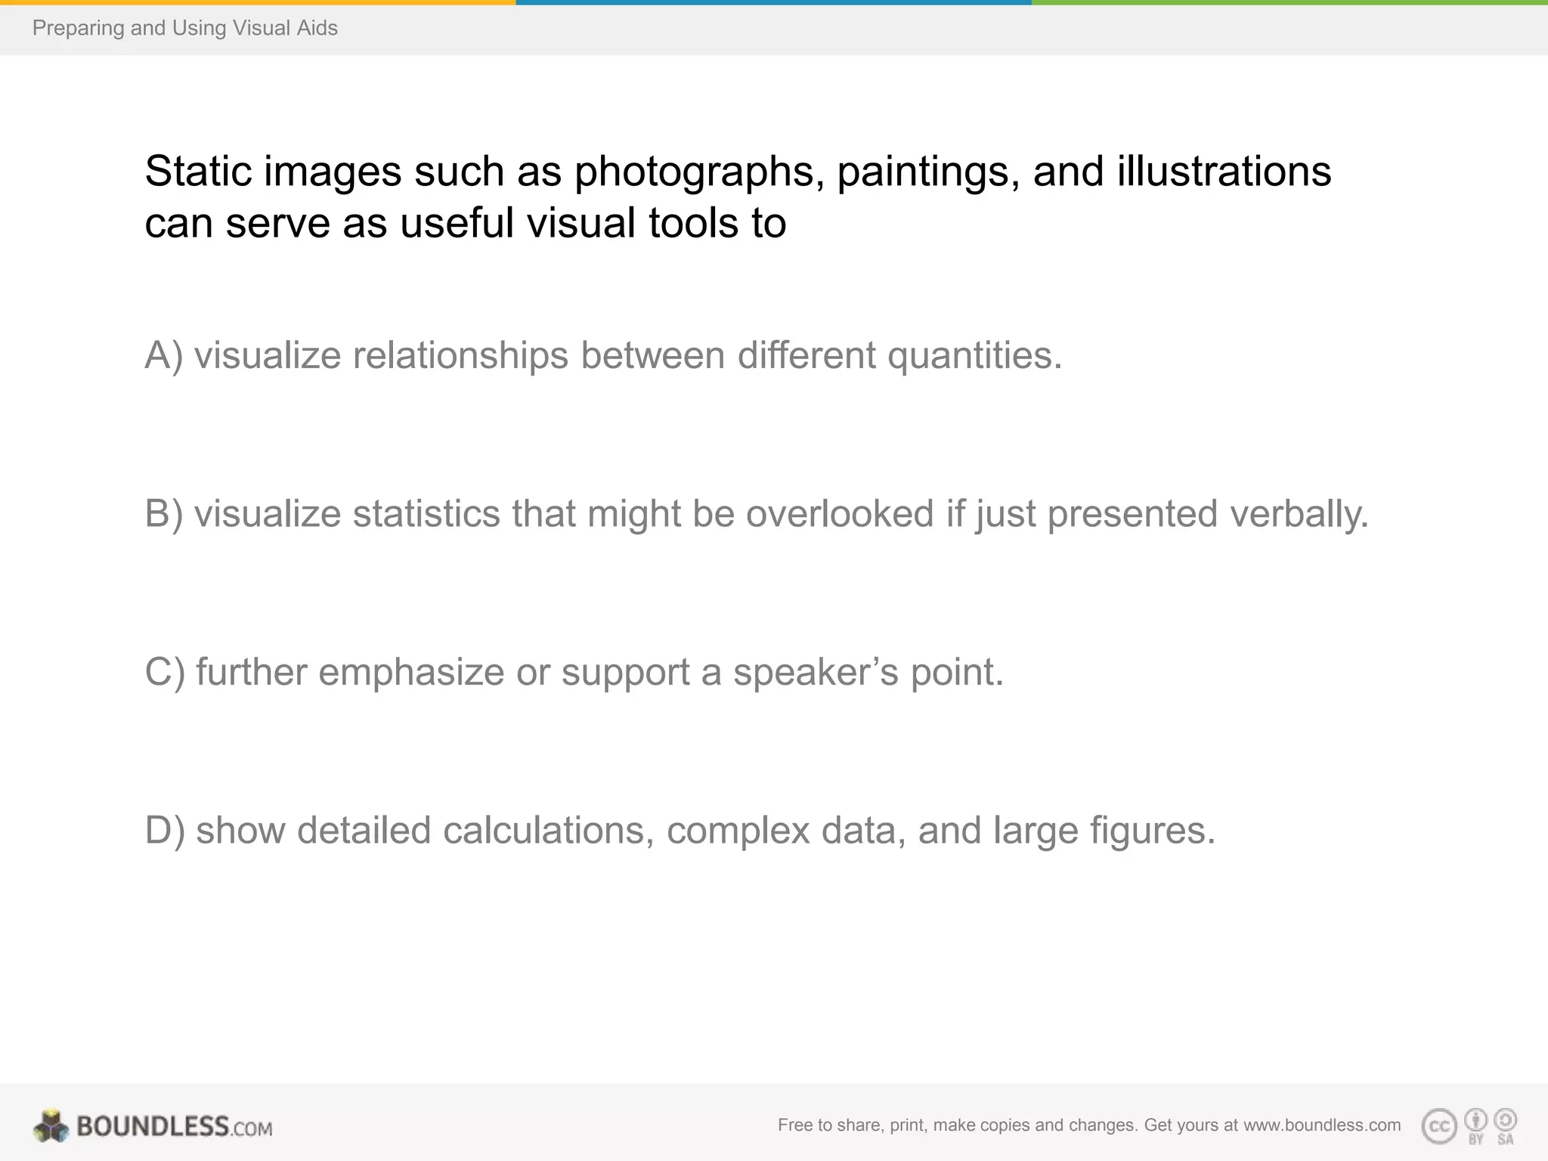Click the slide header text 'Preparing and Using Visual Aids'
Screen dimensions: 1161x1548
pyautogui.click(x=185, y=28)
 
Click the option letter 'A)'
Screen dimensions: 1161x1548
pyautogui.click(x=164, y=355)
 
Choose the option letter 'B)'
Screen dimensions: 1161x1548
pyautogui.click(x=164, y=514)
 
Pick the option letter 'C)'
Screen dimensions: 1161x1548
pyautogui.click(x=165, y=672)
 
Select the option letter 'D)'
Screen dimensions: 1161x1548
pyautogui.click(x=165, y=830)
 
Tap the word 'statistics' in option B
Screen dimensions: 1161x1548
pyautogui.click(x=426, y=514)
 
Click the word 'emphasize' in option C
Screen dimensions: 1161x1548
pyautogui.click(x=411, y=672)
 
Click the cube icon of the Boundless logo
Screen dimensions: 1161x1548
pyautogui.click(x=51, y=1126)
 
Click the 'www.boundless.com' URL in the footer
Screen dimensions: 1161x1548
pyautogui.click(x=1322, y=1125)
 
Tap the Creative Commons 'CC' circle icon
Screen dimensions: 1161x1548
pyautogui.click(x=1439, y=1126)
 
